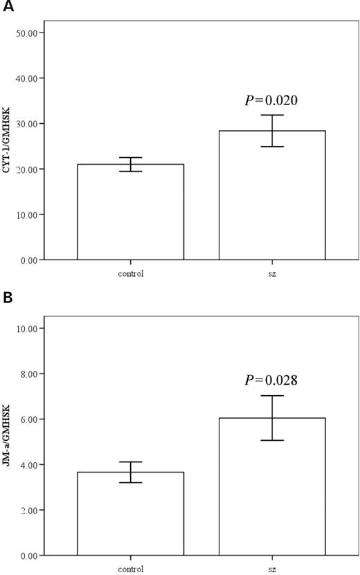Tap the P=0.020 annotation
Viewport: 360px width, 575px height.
tap(271, 101)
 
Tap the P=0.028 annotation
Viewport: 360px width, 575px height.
tap(271, 380)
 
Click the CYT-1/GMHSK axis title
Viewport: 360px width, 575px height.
tap(8, 146)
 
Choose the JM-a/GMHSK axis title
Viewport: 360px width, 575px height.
tap(8, 441)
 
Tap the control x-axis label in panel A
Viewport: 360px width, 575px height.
tap(130, 273)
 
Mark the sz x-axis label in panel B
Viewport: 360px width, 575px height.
tap(272, 569)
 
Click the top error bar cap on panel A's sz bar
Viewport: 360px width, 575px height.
tap(272, 115)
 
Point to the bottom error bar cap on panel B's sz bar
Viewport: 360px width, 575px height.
tap(272, 440)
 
